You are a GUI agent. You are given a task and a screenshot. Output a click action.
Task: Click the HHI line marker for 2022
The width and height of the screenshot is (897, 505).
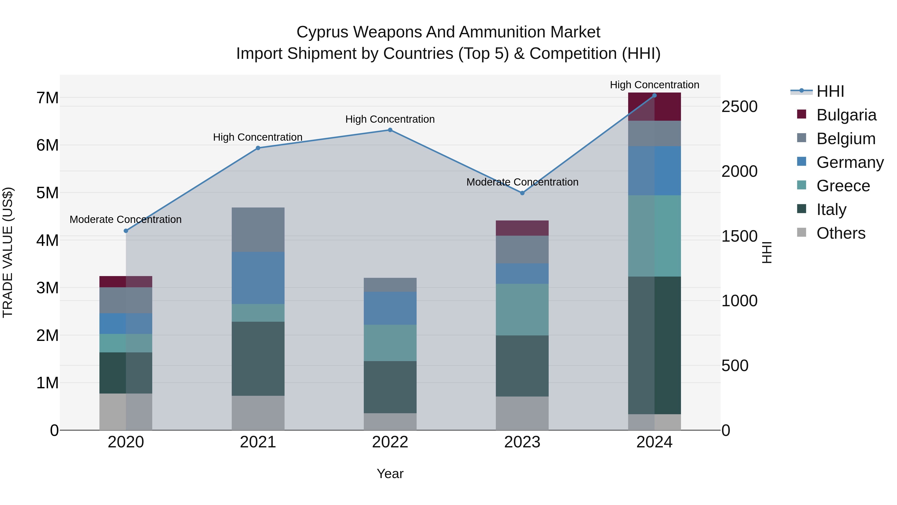point(390,130)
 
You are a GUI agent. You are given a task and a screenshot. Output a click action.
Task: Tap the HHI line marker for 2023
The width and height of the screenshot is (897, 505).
point(522,193)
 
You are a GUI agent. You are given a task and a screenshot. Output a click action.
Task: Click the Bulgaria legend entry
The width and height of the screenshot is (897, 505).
point(846,115)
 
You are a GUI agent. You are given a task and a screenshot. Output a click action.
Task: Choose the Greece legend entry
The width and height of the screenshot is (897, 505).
point(843,186)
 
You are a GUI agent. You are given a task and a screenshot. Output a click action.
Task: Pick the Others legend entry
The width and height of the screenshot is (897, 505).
point(841,233)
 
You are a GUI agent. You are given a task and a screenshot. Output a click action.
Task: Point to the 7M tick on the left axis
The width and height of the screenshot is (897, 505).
point(47,98)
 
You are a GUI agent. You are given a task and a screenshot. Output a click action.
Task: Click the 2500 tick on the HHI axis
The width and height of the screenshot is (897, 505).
point(739,107)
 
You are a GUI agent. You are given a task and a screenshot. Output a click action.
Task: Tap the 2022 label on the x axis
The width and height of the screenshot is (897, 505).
point(390,442)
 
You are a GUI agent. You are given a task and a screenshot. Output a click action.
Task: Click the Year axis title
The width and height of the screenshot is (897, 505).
point(390,474)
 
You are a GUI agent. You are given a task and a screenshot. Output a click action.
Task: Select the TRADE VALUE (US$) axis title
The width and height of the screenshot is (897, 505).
point(8,252)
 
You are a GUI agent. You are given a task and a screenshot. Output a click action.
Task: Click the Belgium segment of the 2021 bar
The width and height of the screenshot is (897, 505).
point(258,230)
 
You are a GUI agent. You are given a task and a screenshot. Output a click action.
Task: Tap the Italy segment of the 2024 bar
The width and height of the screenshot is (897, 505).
point(654,345)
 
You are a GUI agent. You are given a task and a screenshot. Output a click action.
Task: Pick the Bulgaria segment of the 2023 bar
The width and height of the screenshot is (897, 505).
point(522,228)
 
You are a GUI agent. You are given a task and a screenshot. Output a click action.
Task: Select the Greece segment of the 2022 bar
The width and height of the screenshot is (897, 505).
point(390,343)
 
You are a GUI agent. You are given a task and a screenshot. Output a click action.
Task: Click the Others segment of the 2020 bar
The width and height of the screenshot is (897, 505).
point(126,411)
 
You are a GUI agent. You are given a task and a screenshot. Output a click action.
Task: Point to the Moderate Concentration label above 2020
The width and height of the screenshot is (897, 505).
point(126,219)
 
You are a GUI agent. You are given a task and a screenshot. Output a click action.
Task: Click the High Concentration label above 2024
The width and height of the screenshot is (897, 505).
point(654,85)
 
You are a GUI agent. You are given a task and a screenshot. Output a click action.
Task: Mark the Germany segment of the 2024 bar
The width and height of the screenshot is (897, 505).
point(654,171)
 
